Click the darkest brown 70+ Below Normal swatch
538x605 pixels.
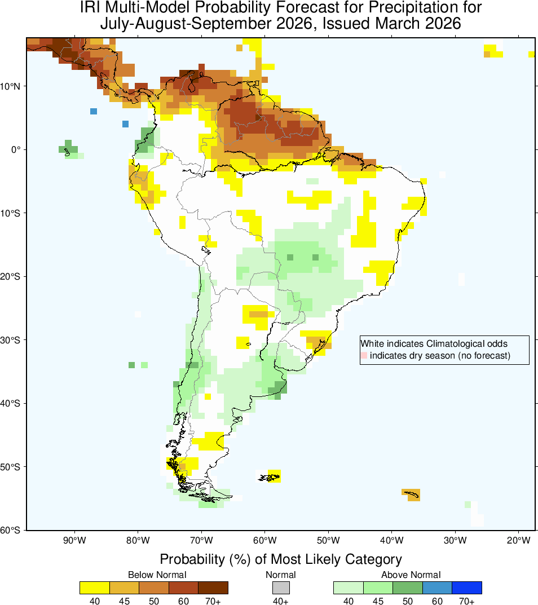coord(213,587)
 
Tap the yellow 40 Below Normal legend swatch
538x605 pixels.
coord(95,587)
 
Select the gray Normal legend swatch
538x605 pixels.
coord(281,587)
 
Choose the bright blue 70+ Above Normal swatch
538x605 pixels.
coord(467,587)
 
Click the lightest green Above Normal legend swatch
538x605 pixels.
coord(348,587)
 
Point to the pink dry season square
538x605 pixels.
coord(364,355)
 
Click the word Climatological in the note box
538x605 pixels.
coord(454,343)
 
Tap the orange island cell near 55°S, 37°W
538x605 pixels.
coord(412,494)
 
